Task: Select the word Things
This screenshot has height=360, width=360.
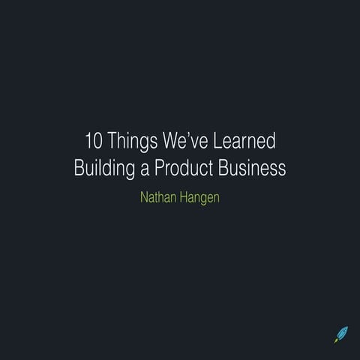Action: pos(133,141)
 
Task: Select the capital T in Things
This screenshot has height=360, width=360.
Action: pos(113,141)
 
